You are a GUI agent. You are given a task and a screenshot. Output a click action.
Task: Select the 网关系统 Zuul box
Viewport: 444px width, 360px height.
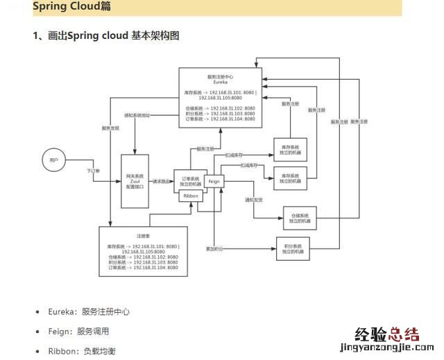coord(135,181)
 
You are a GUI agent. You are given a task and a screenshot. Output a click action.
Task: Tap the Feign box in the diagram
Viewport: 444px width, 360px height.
coord(214,180)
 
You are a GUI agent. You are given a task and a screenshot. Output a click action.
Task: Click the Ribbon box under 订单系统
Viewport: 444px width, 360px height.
coord(191,196)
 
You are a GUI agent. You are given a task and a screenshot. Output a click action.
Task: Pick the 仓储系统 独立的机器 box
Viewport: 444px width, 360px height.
coord(300,216)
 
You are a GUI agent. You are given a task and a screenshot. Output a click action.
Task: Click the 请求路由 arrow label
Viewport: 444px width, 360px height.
coord(162,182)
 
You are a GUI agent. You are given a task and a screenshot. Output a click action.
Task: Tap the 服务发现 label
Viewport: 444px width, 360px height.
coord(111,128)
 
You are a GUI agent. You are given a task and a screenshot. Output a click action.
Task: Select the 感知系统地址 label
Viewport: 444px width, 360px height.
coord(137,115)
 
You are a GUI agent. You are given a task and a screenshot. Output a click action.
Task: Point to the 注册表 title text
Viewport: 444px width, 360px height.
coord(144,235)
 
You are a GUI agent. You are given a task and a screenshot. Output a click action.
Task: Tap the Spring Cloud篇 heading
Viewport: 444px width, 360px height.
coord(71,7)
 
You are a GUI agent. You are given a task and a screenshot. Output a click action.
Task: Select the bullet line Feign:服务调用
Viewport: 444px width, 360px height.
coord(78,332)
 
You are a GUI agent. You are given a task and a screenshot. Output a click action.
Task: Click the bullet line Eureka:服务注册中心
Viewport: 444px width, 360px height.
coord(88,312)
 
